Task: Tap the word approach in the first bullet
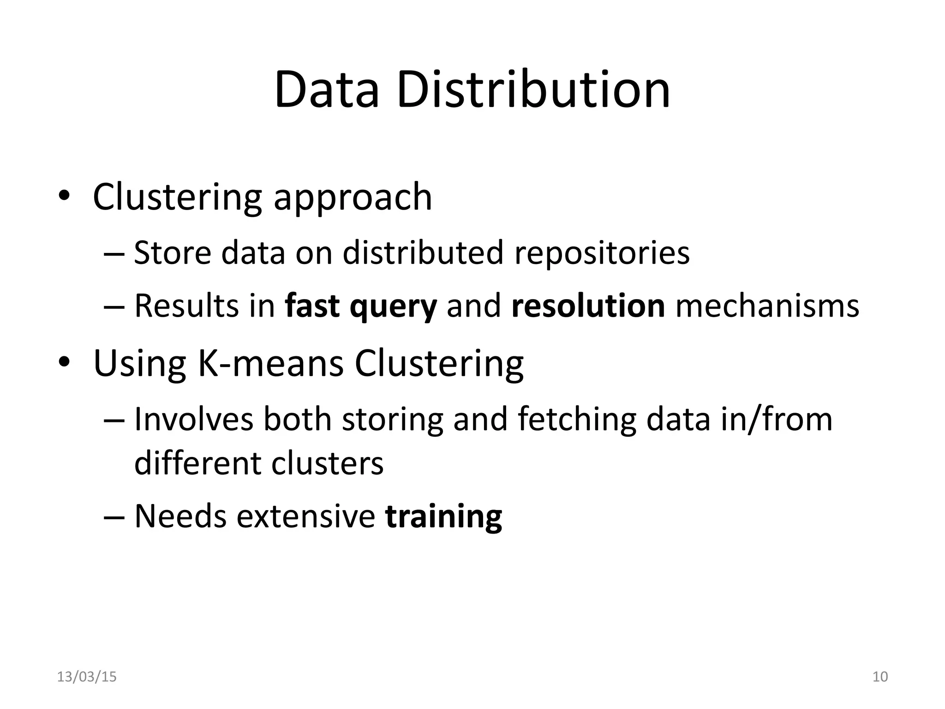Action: point(353,198)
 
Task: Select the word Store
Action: point(172,253)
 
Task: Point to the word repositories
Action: point(602,254)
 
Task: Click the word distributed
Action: point(423,253)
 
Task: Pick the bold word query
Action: point(393,307)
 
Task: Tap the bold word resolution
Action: point(588,306)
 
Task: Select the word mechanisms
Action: point(767,306)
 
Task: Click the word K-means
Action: point(270,364)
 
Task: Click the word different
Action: point(197,463)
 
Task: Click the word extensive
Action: point(305,516)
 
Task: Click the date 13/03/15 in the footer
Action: point(87,677)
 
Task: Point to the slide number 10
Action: point(880,677)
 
